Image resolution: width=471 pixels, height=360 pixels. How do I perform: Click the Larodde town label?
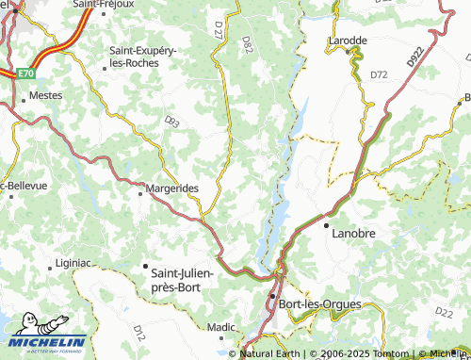348,41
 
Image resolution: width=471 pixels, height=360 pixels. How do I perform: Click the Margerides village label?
172,188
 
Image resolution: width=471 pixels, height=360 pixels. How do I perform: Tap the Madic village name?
221,326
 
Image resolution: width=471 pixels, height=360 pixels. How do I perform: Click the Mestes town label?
46,95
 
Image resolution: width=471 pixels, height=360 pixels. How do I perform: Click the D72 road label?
379,74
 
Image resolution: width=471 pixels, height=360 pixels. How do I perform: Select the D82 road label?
248,42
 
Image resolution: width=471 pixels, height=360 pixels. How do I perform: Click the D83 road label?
171,121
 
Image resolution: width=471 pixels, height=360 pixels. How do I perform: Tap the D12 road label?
138,331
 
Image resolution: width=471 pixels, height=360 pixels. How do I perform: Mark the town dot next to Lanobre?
326,227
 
